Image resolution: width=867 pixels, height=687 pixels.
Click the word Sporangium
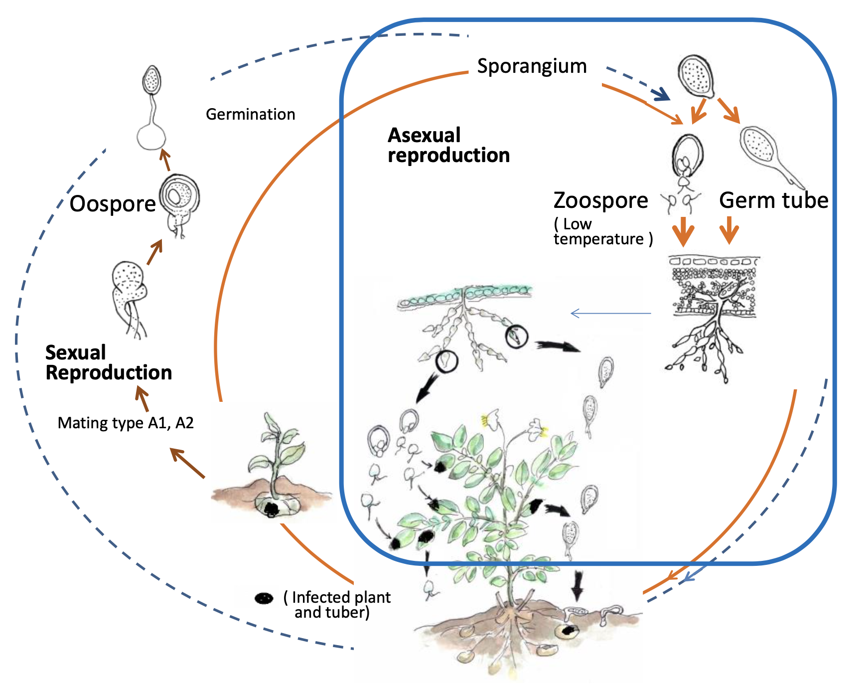pos(532,66)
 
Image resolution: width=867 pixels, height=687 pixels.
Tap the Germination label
pos(250,115)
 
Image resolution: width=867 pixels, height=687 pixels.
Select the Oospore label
pos(113,204)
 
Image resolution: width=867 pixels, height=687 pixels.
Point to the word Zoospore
pos(600,200)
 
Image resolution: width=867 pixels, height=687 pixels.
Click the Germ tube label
pos(773,200)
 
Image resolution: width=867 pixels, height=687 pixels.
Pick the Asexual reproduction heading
pos(448,145)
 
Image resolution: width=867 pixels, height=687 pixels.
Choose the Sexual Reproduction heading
pos(108,363)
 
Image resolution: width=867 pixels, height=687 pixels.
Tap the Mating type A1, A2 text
pos(126,423)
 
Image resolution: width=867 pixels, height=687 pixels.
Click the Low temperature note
pos(603,232)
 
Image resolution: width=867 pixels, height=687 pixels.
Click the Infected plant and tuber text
pos(337,604)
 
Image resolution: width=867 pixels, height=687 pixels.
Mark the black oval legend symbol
pos(264,598)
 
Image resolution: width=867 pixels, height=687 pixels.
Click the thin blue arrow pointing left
pos(610,314)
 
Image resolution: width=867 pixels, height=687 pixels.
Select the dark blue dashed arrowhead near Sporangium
pos(661,93)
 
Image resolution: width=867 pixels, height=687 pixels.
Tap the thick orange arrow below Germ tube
pos(729,230)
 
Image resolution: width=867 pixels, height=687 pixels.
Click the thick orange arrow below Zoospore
pos(683,231)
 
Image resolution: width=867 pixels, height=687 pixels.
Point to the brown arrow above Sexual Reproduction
pos(143,399)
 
